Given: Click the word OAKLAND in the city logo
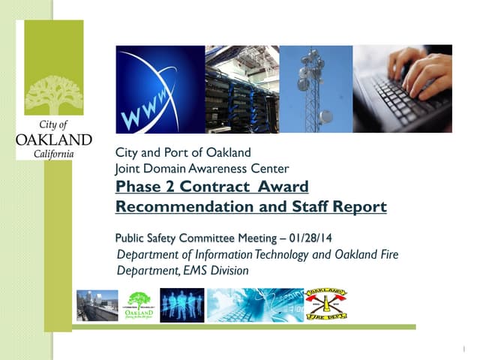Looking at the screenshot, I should tap(54, 139).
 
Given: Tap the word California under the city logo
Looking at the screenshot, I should tap(54, 153).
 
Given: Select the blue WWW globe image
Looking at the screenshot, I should tap(160, 89).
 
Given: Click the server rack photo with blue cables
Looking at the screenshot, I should tap(242, 89).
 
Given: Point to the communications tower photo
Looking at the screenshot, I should tap(316, 89).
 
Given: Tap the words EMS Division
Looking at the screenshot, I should tap(217, 270).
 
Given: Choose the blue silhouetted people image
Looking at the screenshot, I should tap(182, 305).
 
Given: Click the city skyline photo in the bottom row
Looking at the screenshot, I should tap(97, 305).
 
